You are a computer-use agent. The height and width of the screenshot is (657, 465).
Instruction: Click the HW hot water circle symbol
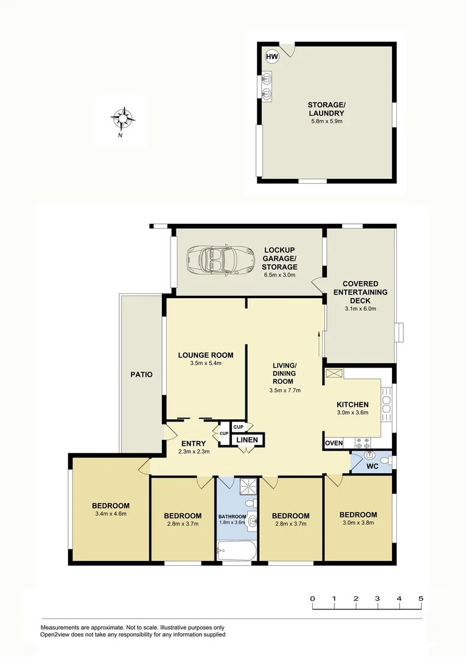[271, 57]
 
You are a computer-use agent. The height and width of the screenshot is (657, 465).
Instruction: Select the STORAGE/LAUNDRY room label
[326, 109]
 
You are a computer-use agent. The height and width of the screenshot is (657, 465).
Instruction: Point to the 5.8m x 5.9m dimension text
[326, 122]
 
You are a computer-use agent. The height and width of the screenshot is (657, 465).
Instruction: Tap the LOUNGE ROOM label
[205, 355]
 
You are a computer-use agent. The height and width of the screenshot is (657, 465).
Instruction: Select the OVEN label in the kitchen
[334, 443]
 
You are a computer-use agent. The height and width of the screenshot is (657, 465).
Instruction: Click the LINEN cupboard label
[246, 440]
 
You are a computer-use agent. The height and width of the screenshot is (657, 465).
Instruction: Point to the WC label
[372, 467]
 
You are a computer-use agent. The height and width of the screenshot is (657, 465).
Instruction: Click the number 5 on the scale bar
[421, 599]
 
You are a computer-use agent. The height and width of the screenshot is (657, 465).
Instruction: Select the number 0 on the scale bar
[312, 599]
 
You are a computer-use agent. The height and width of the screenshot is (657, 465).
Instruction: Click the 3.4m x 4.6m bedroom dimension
[111, 514]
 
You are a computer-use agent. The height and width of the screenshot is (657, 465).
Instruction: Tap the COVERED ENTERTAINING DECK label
[360, 292]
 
